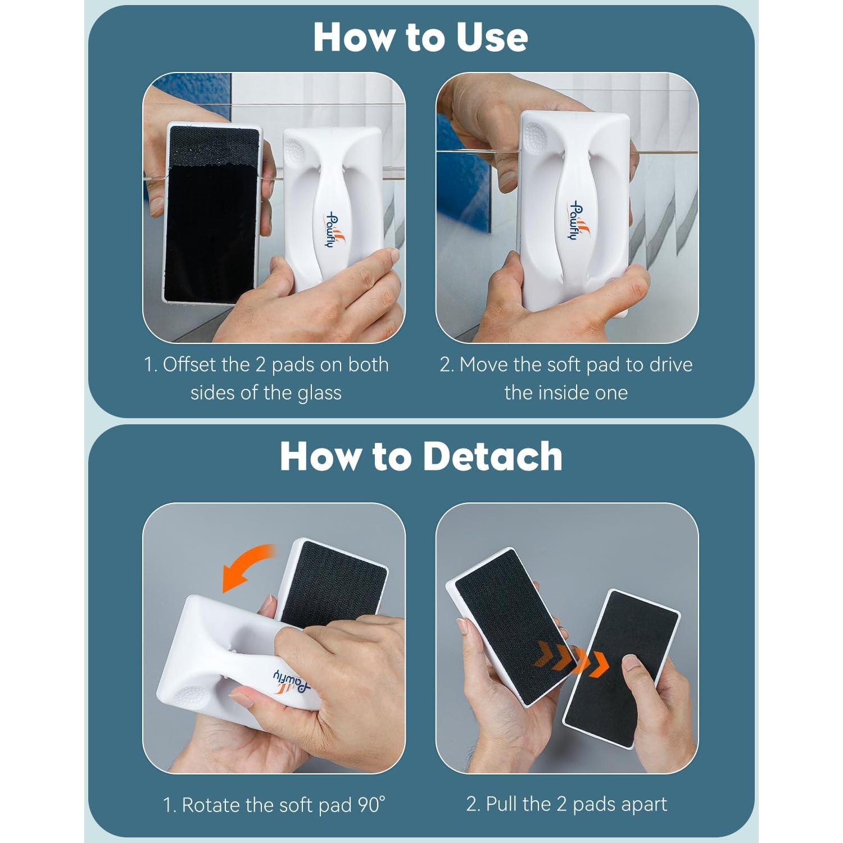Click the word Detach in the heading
(x=492, y=456)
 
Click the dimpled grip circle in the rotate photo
(x=189, y=696)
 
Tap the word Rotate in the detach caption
(x=211, y=805)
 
